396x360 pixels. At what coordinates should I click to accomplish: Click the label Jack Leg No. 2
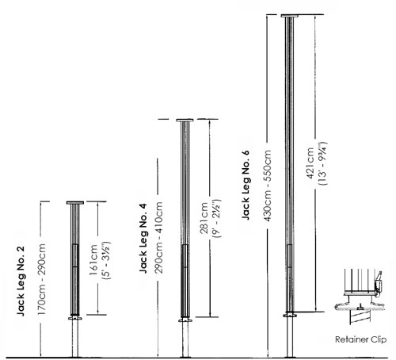click(x=21, y=281)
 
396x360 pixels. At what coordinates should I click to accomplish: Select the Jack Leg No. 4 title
click(x=143, y=238)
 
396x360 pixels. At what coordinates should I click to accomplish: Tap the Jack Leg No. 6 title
click(x=246, y=185)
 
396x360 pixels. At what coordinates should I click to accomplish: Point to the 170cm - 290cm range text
click(x=41, y=279)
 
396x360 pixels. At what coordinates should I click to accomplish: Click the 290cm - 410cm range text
click(x=158, y=237)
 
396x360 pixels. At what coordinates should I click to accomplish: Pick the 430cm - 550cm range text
click(x=267, y=186)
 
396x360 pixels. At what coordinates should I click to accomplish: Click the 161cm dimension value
click(x=93, y=260)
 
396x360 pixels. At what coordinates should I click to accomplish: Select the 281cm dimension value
click(x=204, y=218)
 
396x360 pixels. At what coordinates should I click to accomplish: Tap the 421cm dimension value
click(x=310, y=163)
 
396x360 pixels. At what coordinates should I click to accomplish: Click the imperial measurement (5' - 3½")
click(x=106, y=260)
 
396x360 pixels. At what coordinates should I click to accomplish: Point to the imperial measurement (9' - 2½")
click(x=217, y=219)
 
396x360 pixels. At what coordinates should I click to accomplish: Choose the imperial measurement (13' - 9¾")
click(x=322, y=163)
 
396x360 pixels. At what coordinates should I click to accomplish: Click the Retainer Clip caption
click(x=360, y=339)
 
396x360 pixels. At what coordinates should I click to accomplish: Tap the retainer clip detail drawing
click(x=360, y=296)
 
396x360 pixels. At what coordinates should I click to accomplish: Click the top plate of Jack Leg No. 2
click(x=75, y=203)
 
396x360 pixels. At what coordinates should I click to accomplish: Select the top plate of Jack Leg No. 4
click(x=185, y=121)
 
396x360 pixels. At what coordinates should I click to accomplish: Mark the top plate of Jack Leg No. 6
click(x=290, y=16)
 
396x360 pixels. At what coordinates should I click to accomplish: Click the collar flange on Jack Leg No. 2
click(x=75, y=318)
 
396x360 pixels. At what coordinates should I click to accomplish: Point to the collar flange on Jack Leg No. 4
click(x=185, y=320)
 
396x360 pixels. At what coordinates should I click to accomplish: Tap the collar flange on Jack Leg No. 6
click(x=290, y=316)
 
